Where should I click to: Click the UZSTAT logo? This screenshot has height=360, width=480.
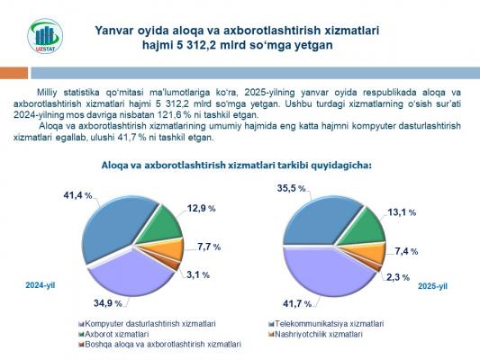click(x=45, y=36)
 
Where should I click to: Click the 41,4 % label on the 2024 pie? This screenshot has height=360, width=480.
click(x=77, y=195)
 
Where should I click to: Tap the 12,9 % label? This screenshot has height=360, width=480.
click(x=201, y=208)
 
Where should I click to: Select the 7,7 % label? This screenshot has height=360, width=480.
click(x=209, y=247)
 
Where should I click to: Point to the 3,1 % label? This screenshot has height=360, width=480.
click(x=198, y=274)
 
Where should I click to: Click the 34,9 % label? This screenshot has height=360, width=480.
click(x=108, y=303)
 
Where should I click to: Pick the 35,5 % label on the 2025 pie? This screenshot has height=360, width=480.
click(x=291, y=188)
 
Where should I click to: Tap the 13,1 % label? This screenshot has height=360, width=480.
click(x=402, y=212)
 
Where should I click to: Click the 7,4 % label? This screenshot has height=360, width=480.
click(x=406, y=251)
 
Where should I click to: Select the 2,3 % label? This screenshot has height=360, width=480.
click(x=398, y=277)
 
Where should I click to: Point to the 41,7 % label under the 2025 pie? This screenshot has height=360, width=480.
click(x=297, y=303)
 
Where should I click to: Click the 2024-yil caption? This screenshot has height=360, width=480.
click(x=41, y=285)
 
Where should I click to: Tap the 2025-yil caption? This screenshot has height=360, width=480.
click(x=432, y=286)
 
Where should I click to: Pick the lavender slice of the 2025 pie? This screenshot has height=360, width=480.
click(x=324, y=273)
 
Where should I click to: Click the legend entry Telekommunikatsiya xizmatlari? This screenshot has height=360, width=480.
click(x=326, y=324)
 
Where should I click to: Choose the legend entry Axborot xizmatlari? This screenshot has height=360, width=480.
click(x=113, y=334)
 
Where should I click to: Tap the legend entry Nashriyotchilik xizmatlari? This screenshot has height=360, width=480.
click(x=315, y=334)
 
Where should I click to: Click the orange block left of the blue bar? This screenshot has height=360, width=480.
click(x=14, y=73)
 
